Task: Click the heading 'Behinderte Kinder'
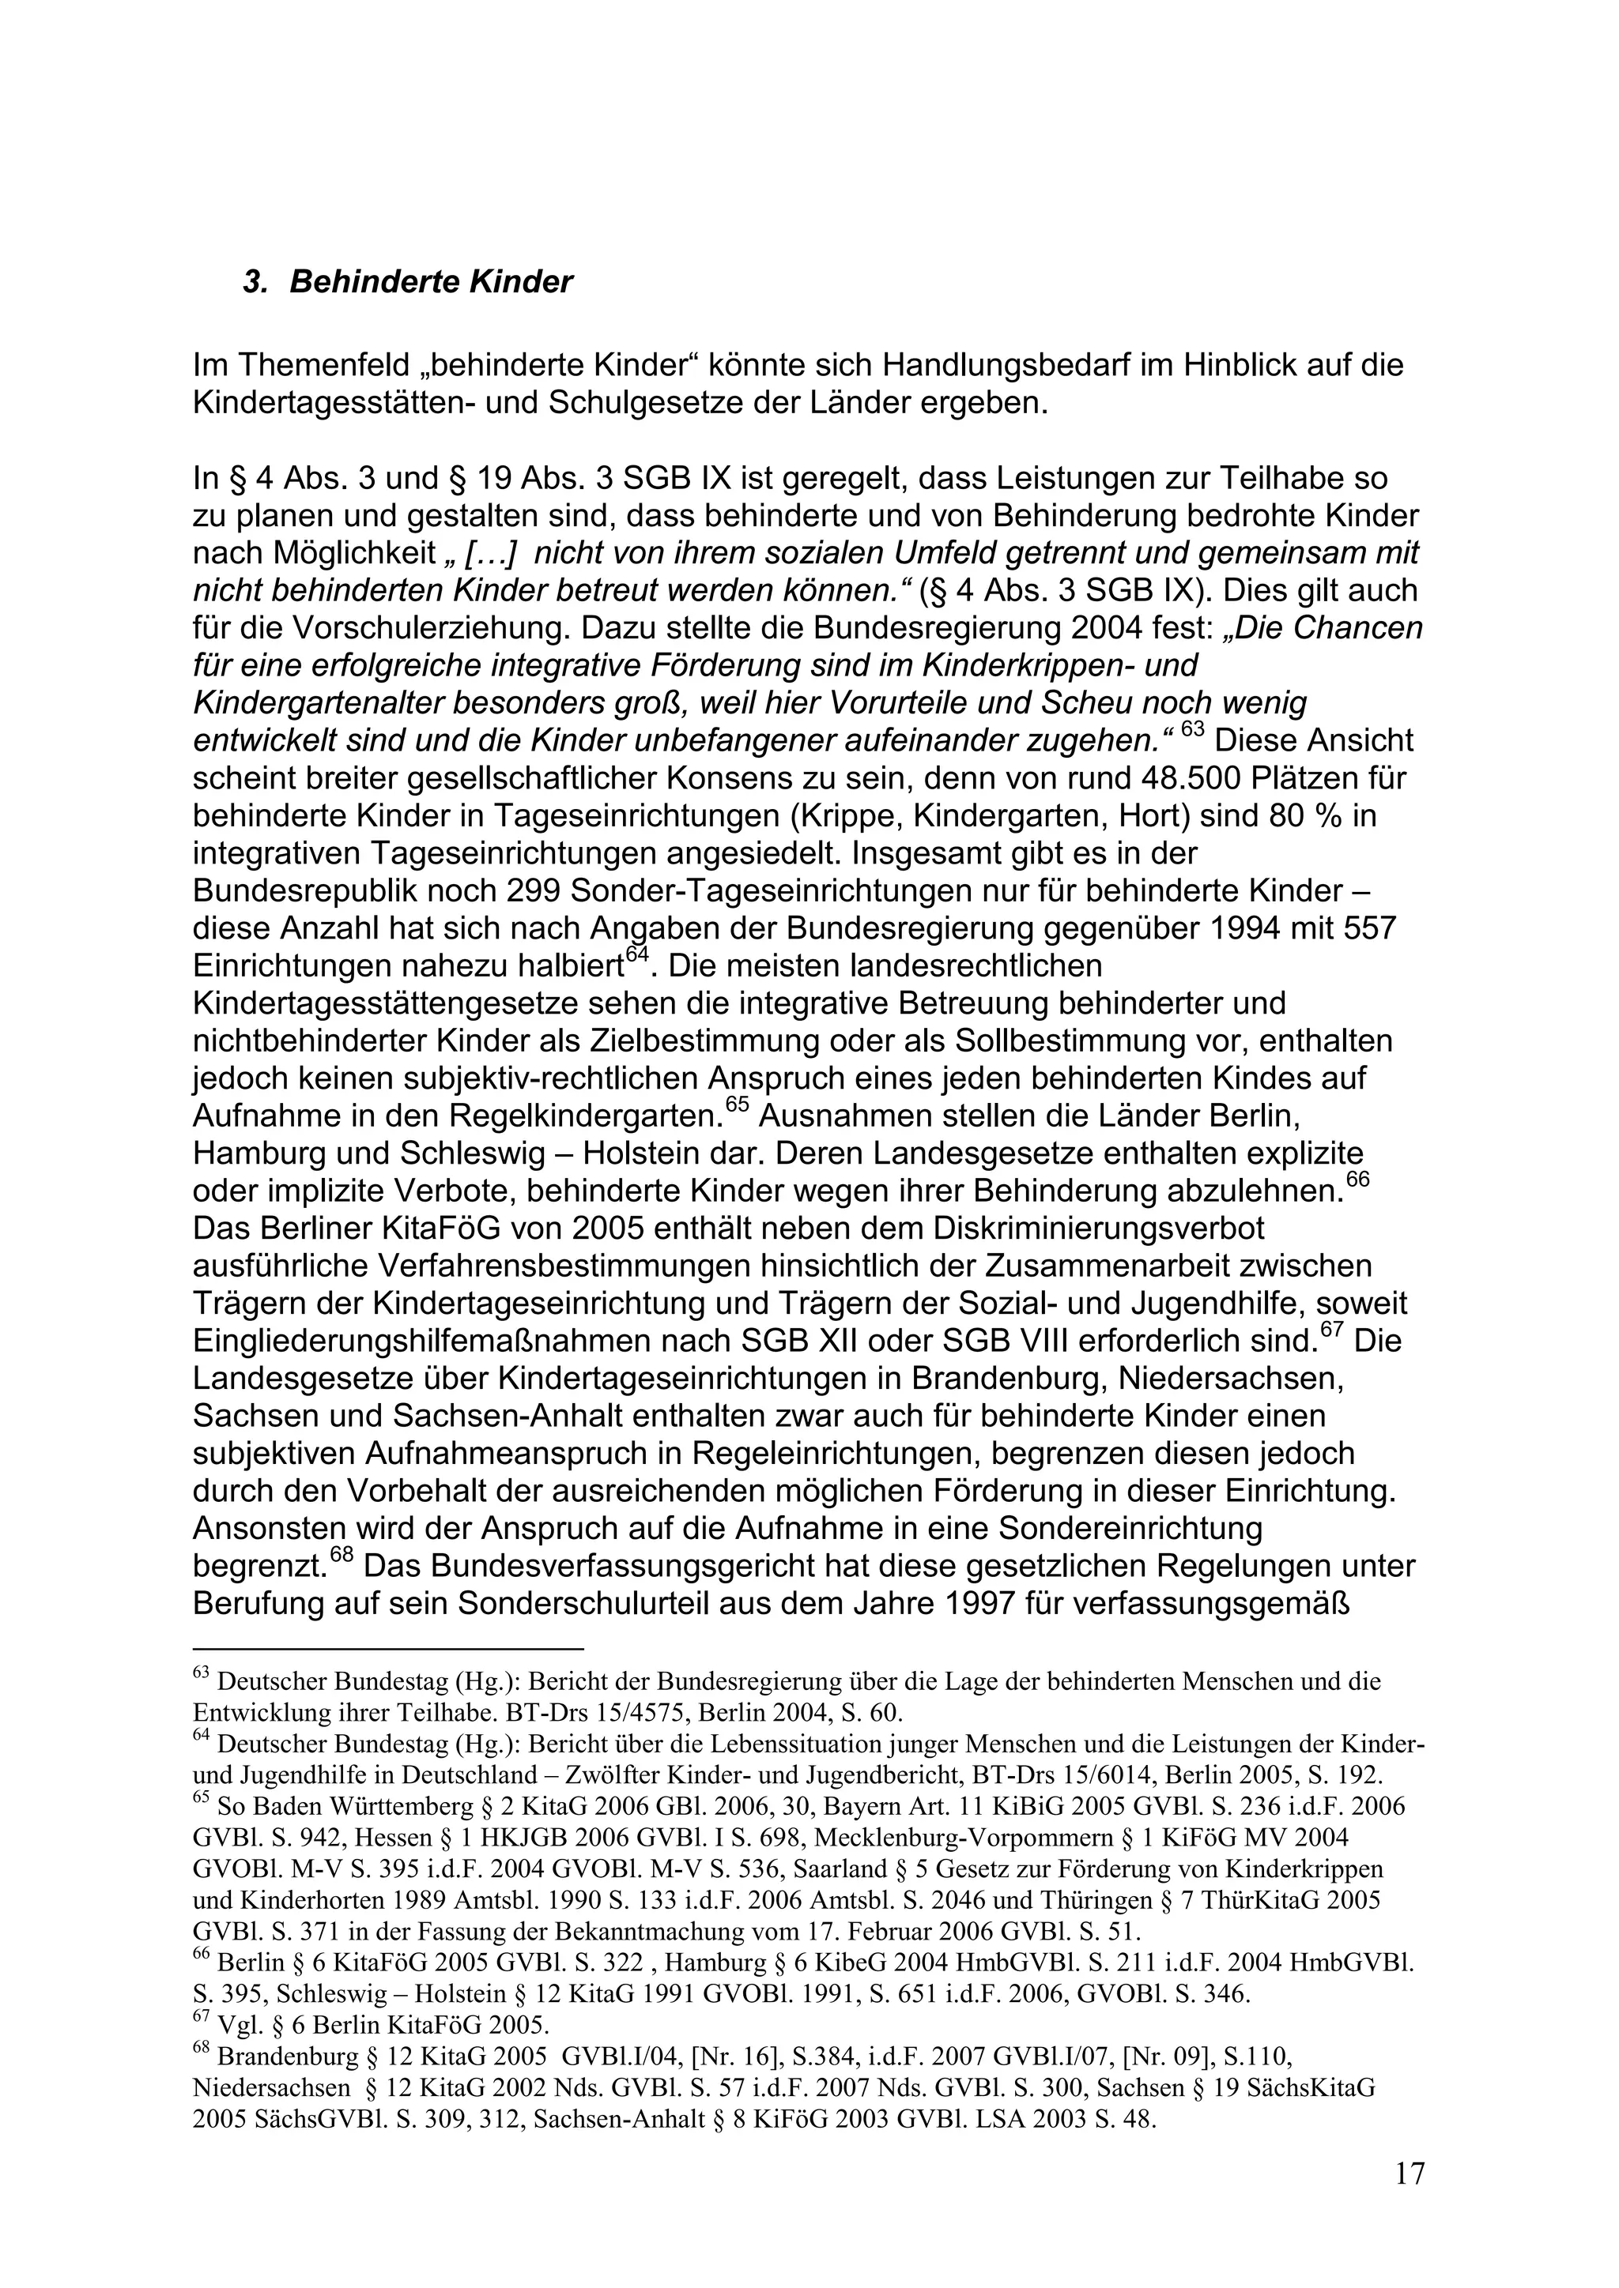point(431,282)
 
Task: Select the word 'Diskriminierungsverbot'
point(1051,1228)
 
